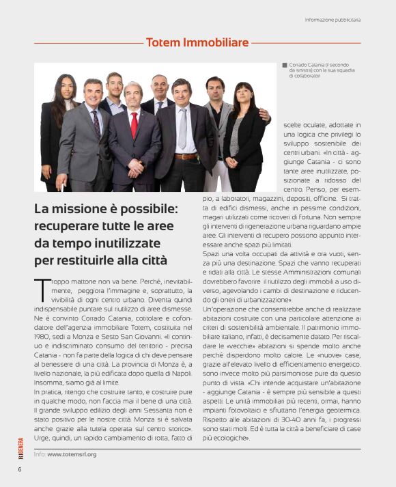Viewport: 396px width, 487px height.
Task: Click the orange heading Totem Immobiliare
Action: coord(197,43)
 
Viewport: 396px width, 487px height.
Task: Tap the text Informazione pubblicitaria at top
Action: coord(333,20)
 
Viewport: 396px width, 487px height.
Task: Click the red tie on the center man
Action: coord(135,125)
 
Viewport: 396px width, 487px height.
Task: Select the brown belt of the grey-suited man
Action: coord(185,156)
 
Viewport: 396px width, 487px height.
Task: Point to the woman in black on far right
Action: coord(244,133)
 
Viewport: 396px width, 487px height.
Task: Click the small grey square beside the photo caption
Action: coord(285,66)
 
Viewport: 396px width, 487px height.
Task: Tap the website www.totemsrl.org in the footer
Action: coord(72,454)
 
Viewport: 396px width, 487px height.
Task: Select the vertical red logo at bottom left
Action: coord(19,448)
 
